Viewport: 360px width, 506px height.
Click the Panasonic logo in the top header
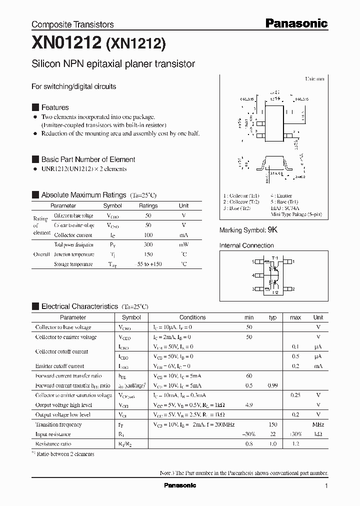pyautogui.click(x=296, y=23)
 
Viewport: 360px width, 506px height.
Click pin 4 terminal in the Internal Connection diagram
pyautogui.click(x=259, y=275)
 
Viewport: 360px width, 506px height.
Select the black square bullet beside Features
pyautogui.click(x=35, y=107)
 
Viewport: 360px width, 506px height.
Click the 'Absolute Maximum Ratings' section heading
pyautogui.click(x=83, y=195)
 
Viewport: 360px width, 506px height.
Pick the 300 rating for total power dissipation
pyautogui.click(x=148, y=244)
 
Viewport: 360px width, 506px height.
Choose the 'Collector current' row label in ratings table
pyautogui.click(x=73, y=235)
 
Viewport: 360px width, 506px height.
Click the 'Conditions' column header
pyautogui.click(x=192, y=317)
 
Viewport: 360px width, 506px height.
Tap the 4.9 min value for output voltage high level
pyautogui.click(x=248, y=405)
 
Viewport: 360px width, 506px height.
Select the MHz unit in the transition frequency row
pyautogui.click(x=318, y=424)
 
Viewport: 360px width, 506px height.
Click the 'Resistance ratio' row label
pyautogui.click(x=53, y=444)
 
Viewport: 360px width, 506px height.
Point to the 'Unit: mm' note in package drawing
pyautogui.click(x=314, y=79)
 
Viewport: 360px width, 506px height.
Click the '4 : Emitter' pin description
pyautogui.click(x=281, y=196)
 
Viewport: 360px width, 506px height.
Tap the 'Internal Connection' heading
pyautogui.click(x=246, y=245)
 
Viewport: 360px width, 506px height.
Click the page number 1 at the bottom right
pyautogui.click(x=326, y=486)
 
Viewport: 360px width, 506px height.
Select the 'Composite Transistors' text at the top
pyautogui.click(x=72, y=24)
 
